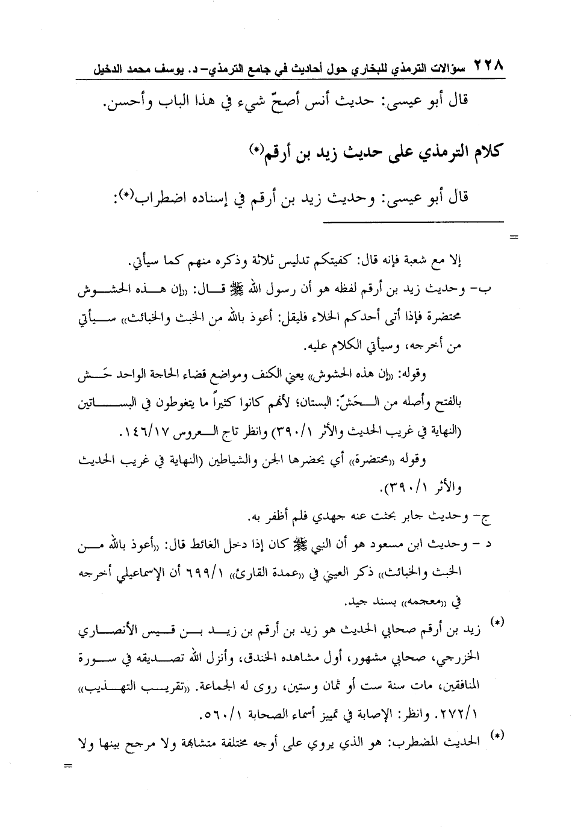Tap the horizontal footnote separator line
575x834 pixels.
coord(412,222)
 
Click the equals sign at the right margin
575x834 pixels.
coord(514,235)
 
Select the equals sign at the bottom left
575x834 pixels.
coord(67,766)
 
